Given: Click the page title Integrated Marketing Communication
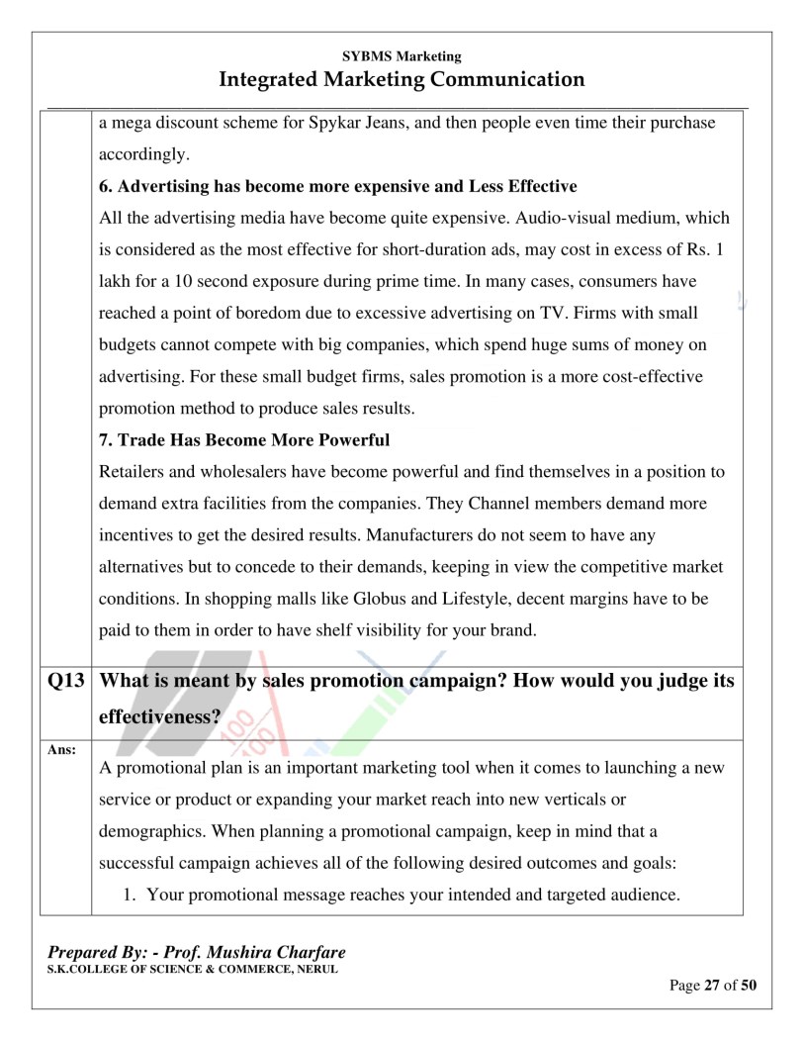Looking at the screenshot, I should (402, 79).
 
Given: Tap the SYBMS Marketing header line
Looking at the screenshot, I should (402, 56).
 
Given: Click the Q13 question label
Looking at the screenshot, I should (64, 682).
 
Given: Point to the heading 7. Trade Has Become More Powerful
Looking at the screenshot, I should (244, 439).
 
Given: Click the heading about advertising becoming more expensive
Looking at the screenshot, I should (337, 186).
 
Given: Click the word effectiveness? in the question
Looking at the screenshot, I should (159, 716).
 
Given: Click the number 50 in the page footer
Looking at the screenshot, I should (749, 986).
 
